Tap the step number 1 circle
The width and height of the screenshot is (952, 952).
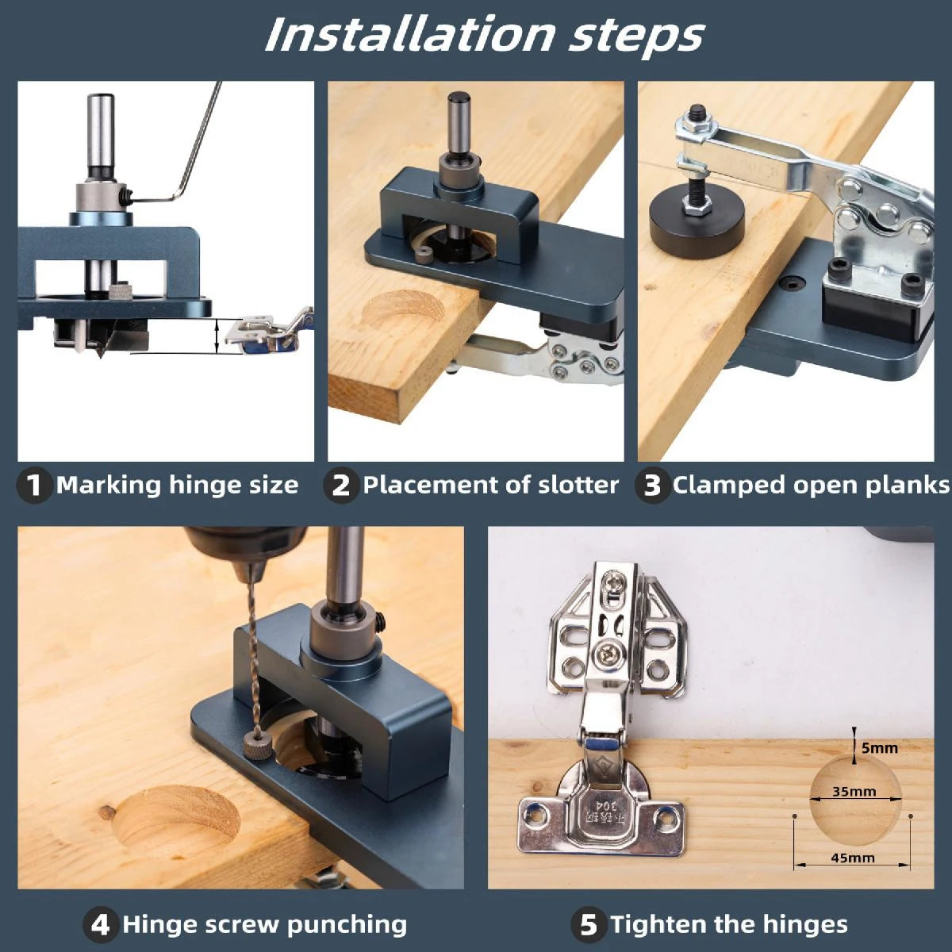(x=33, y=485)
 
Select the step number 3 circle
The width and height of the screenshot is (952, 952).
(x=651, y=485)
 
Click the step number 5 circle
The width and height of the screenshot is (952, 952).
(x=588, y=924)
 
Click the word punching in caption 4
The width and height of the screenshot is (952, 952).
(x=347, y=924)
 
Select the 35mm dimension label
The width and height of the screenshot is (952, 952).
(x=854, y=791)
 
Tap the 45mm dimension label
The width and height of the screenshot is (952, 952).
(x=853, y=858)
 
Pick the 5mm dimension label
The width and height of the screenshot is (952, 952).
(x=879, y=747)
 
